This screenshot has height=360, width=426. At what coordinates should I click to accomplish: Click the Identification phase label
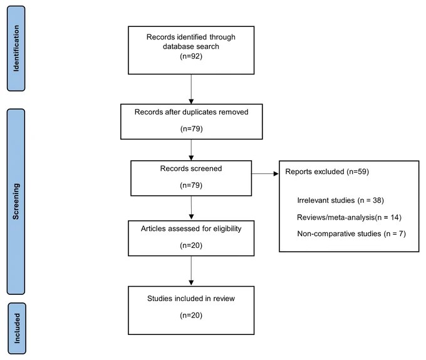click(x=16, y=48)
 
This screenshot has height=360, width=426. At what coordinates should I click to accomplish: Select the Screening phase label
click(x=16, y=202)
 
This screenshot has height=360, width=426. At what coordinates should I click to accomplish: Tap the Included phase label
click(x=17, y=328)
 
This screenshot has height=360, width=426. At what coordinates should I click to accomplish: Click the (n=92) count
click(x=191, y=56)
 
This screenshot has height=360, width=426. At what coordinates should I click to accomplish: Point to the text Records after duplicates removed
click(x=191, y=112)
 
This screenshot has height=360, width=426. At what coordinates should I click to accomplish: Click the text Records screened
click(x=191, y=168)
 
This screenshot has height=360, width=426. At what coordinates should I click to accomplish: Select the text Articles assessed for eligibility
click(x=191, y=229)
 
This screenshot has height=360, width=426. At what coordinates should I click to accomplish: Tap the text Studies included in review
click(x=191, y=299)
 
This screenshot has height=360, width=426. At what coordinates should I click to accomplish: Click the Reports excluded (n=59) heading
click(x=327, y=172)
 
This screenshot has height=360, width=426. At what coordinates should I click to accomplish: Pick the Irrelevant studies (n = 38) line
click(x=340, y=200)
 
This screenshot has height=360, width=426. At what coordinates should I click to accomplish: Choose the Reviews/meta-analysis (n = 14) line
click(x=349, y=217)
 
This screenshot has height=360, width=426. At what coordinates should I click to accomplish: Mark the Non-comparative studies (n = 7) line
click(x=351, y=234)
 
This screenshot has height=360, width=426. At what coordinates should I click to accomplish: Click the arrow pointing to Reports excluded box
click(x=265, y=174)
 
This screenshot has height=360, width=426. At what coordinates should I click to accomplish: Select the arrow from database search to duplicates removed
click(x=191, y=89)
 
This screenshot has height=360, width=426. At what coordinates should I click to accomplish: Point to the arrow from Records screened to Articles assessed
click(x=191, y=208)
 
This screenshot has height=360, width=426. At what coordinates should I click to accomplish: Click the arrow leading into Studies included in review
click(x=191, y=270)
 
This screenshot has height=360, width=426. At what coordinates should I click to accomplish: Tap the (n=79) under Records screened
click(x=191, y=185)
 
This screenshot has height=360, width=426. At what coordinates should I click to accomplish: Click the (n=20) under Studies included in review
click(x=191, y=315)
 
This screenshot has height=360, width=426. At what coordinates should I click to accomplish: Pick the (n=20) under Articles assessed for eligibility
click(x=191, y=245)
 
